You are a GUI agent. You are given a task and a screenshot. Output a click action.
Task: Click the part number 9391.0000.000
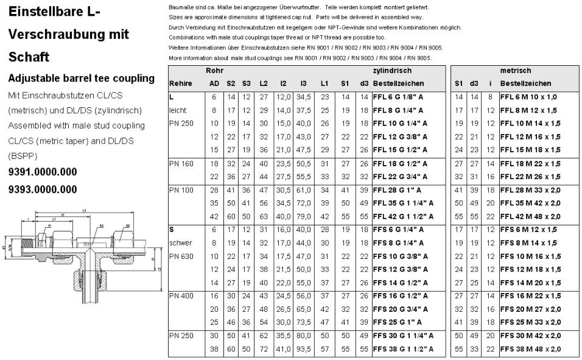tap(42, 172)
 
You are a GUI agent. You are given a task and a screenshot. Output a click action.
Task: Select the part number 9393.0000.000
tap(42, 189)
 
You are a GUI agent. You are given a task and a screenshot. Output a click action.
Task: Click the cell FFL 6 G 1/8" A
tap(399, 97)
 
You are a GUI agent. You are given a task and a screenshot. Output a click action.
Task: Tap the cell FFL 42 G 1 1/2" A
tap(404, 216)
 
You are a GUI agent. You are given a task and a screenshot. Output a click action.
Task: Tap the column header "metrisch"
tap(515, 71)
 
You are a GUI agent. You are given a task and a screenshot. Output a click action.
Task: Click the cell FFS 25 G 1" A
tap(396, 322)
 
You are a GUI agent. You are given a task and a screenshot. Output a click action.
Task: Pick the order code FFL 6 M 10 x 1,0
tap(528, 97)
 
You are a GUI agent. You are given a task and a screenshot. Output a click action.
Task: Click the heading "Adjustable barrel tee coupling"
tap(82, 79)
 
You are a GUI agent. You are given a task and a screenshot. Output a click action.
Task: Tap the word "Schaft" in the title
tap(28, 57)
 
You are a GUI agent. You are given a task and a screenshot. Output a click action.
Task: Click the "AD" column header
tap(214, 83)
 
